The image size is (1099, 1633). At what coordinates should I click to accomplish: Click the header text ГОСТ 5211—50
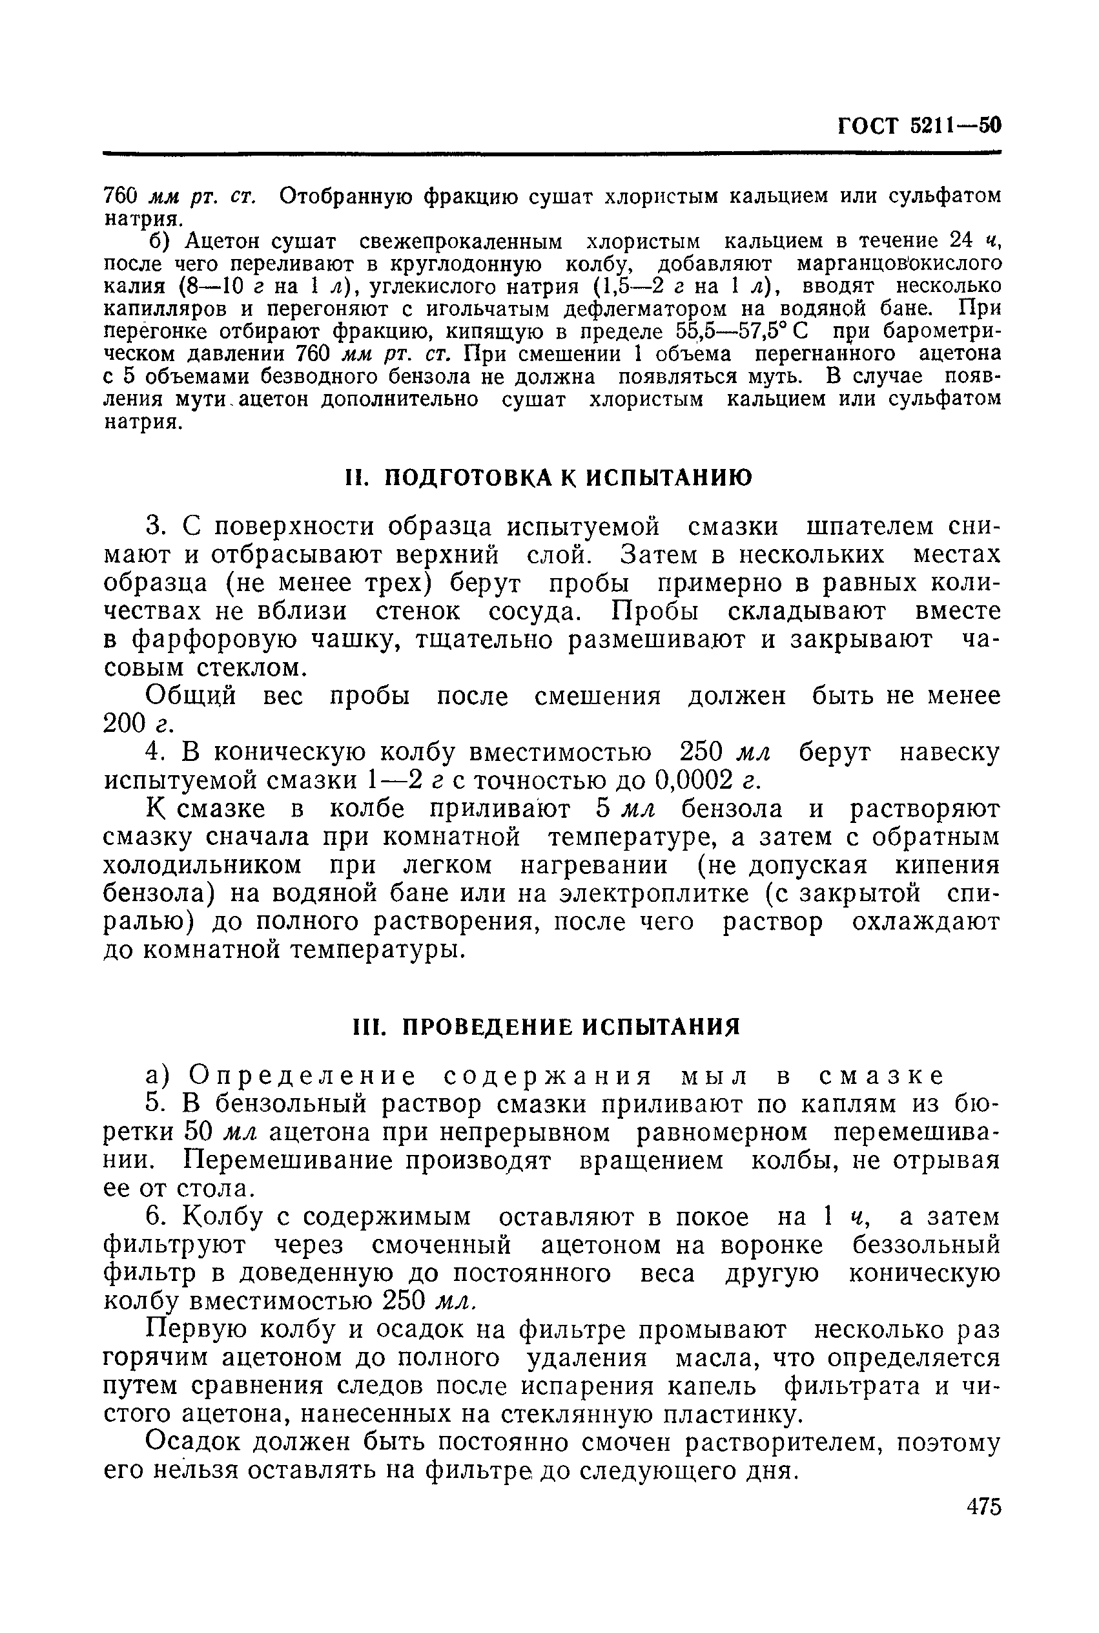point(919,126)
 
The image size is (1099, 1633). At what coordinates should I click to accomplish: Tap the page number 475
point(983,1506)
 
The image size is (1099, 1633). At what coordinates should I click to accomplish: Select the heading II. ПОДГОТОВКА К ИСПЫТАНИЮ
point(549,477)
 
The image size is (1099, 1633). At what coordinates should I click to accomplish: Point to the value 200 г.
point(138,723)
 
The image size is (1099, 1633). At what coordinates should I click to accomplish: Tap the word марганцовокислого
point(899,264)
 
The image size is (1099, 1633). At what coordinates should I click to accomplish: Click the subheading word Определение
point(303,1076)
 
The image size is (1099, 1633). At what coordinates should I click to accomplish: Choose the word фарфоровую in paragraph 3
point(204,640)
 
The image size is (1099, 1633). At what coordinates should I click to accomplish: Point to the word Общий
point(190,696)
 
